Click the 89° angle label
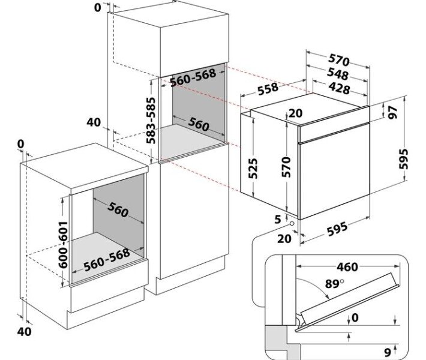tap(334, 284)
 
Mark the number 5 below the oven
tap(277, 220)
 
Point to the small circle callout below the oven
tap(291, 224)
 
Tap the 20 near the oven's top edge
tap(295, 113)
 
